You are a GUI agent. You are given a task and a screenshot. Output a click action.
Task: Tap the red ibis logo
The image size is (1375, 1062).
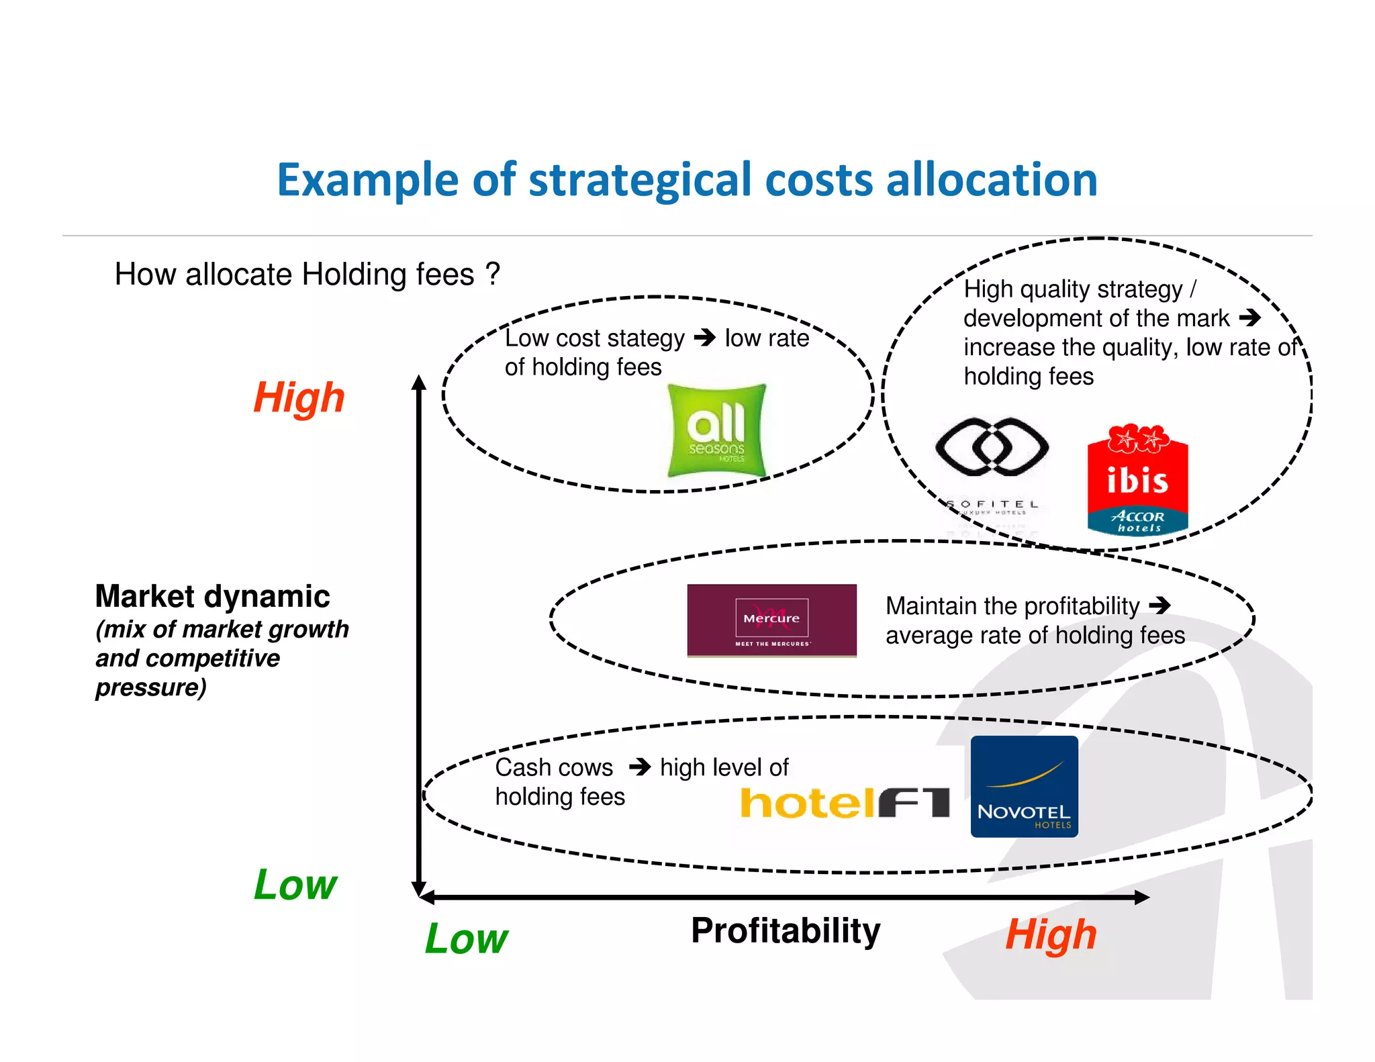click(1137, 481)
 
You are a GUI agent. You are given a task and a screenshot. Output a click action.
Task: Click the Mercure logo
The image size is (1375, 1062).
click(771, 620)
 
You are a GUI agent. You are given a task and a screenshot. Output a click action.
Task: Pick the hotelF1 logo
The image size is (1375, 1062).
click(845, 803)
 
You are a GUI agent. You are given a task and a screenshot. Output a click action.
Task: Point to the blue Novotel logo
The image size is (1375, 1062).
click(1024, 787)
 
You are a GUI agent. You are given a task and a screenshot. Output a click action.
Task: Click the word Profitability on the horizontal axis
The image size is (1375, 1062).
click(786, 931)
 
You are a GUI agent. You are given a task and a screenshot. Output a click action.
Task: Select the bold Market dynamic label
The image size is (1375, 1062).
click(212, 596)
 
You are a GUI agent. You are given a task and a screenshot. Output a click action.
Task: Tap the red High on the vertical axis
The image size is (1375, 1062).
click(299, 397)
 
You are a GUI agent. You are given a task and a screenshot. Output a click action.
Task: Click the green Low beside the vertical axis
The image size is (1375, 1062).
click(295, 885)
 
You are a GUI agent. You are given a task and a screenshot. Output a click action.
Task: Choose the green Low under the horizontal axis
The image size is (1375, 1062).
click(467, 938)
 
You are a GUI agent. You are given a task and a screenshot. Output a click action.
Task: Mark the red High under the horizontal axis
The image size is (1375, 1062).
click(1051, 934)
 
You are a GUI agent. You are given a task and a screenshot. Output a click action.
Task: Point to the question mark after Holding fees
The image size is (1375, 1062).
click(493, 274)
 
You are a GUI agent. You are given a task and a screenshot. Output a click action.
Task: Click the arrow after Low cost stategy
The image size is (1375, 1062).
click(705, 337)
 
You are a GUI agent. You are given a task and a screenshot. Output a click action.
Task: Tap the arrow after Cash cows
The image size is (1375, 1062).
click(640, 767)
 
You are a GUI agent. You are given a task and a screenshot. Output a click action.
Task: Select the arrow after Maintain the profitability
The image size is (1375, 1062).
click(1159, 606)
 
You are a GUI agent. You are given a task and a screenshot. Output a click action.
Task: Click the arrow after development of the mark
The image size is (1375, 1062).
click(1249, 318)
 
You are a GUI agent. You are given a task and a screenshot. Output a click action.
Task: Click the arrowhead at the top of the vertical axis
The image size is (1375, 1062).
click(419, 383)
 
